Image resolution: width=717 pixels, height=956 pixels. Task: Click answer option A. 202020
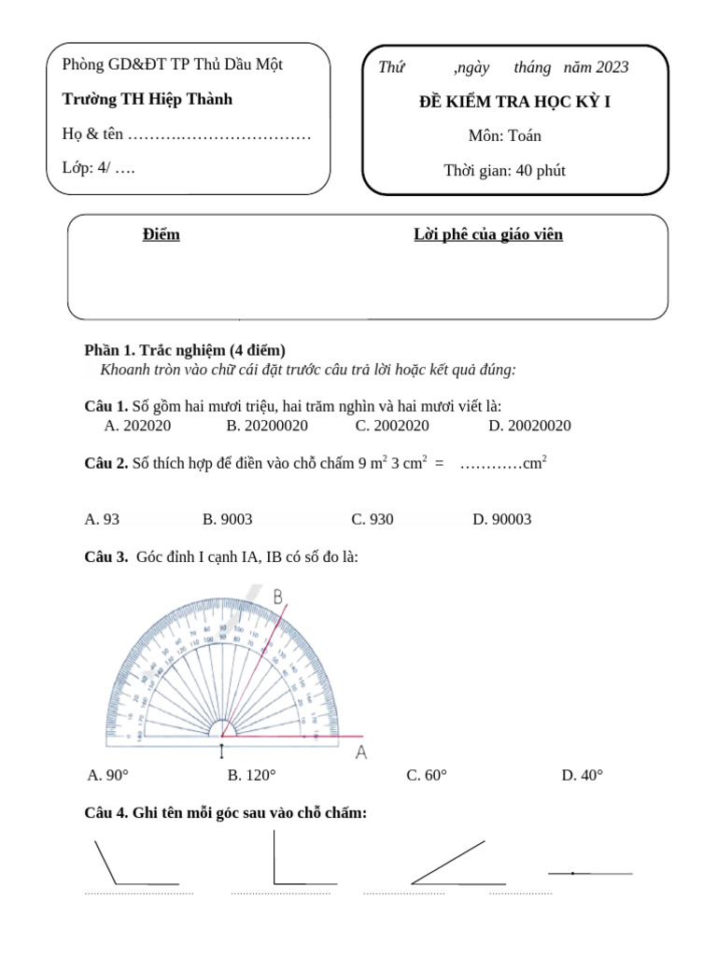137,426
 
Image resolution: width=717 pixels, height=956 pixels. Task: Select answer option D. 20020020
529,426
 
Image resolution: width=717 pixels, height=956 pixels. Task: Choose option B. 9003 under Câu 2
227,519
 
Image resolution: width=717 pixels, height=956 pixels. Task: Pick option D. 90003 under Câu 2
501,519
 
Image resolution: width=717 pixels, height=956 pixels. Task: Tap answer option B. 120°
252,775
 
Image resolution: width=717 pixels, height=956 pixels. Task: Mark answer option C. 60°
427,775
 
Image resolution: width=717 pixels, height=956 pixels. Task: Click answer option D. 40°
583,775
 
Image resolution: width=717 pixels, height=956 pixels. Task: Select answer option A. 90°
107,775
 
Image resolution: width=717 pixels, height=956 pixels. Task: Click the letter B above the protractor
277,596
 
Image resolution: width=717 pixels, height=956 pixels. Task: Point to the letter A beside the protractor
361,751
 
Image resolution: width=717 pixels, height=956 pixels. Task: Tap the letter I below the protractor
221,750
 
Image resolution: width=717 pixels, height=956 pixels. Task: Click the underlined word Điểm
161,234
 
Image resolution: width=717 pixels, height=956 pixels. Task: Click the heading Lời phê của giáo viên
488,234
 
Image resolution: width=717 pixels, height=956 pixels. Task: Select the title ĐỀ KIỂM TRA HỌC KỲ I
514,102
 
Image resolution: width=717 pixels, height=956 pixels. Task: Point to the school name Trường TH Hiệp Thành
147,99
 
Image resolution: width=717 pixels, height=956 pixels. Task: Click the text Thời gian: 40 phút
504,170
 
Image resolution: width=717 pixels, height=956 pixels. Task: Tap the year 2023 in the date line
610,67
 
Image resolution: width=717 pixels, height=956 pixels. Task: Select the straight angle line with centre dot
590,874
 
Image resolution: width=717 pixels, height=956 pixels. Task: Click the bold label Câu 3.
105,557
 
